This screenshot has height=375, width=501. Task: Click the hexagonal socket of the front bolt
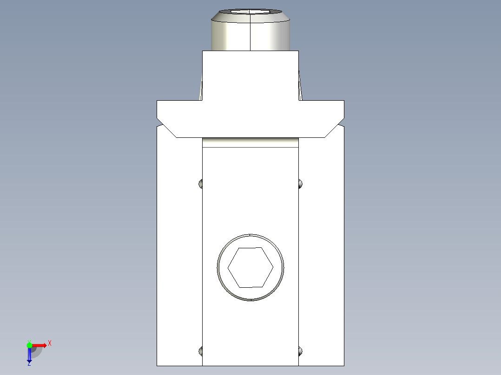pos(250,267)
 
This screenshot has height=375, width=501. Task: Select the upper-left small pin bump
pos(201,184)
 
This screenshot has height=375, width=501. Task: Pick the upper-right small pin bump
pos(300,184)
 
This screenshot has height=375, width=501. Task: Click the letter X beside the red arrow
pos(50,343)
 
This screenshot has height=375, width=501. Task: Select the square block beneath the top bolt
pos(250,74)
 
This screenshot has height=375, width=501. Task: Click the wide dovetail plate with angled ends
pos(250,118)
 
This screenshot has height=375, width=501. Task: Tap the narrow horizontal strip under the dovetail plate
pos(250,142)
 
